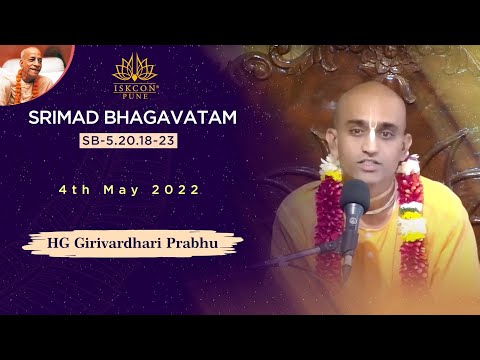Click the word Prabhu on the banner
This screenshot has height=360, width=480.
click(x=203, y=241)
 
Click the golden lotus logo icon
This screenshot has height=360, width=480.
click(x=135, y=67)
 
